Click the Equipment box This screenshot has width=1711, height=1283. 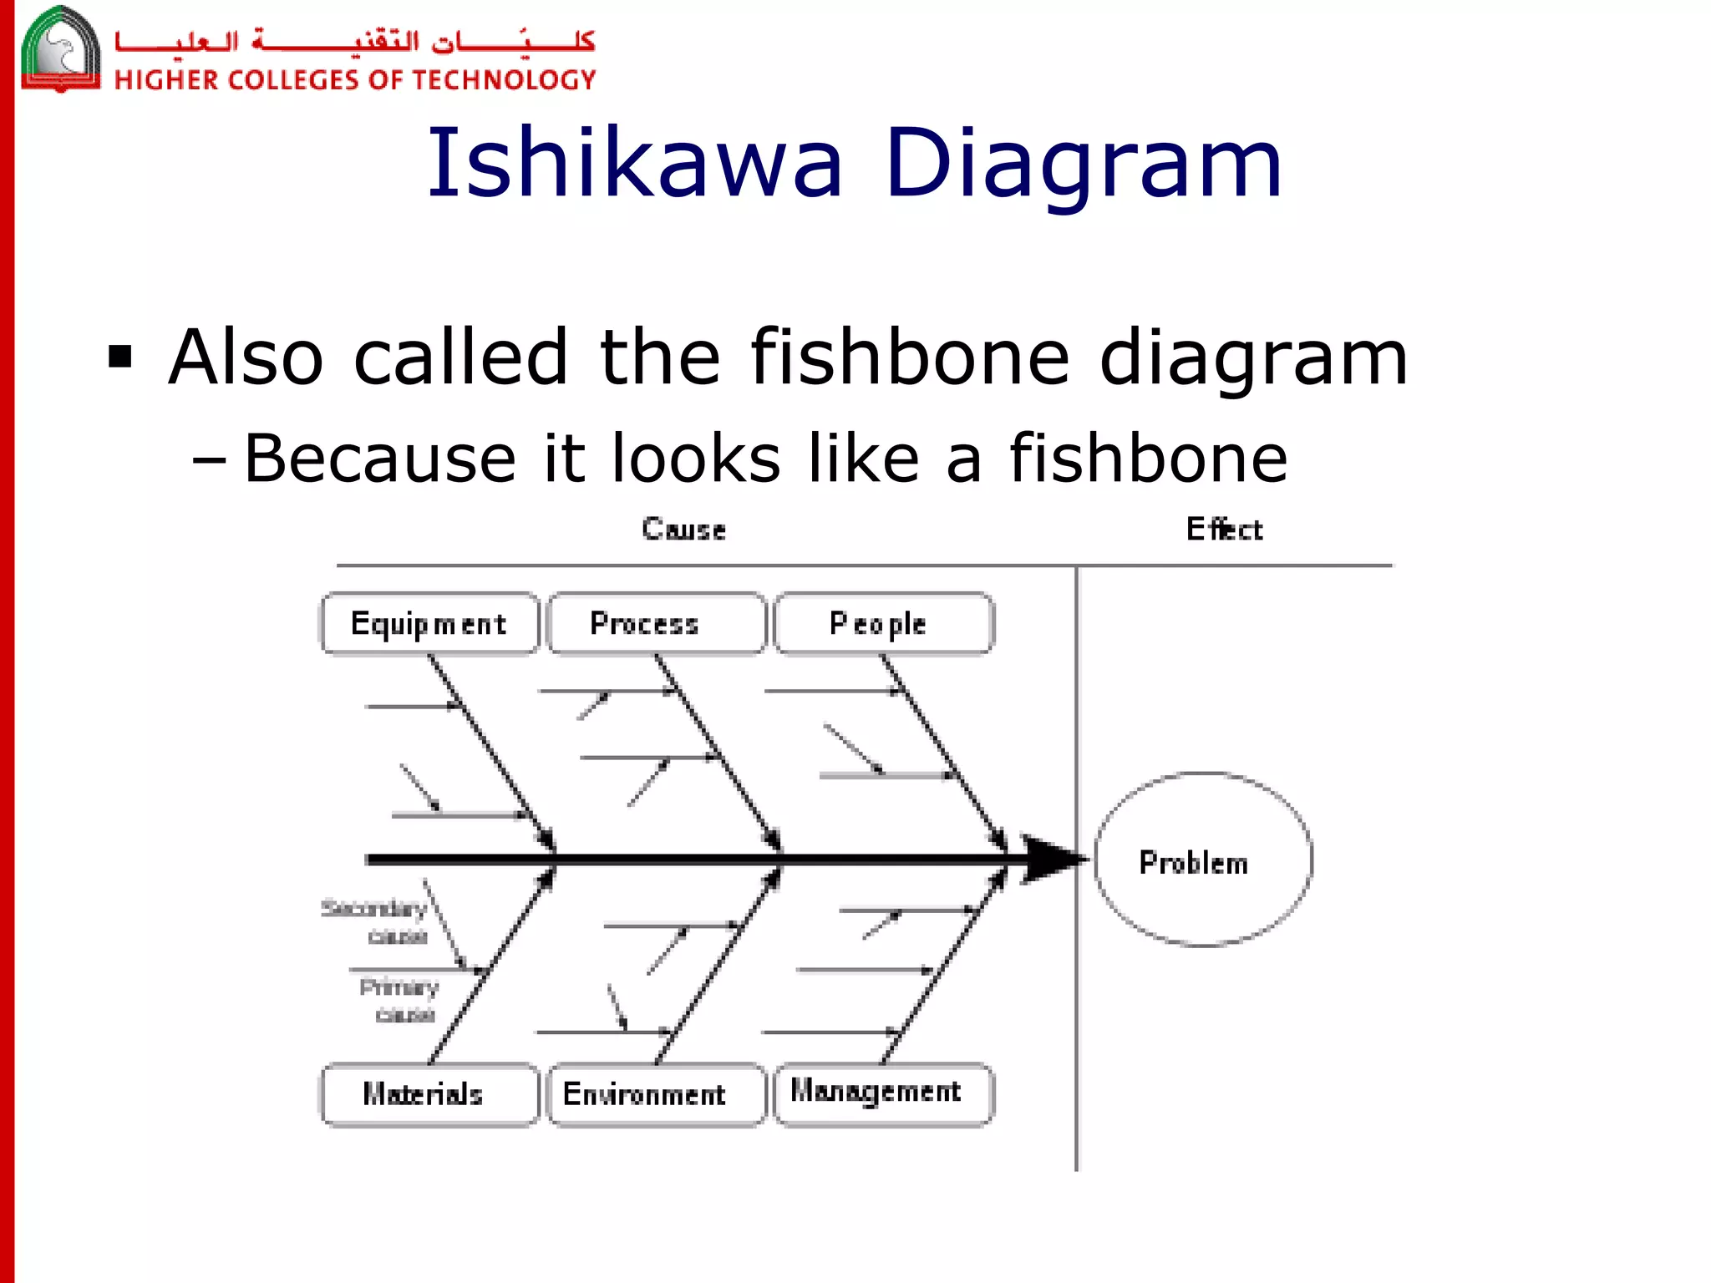429,624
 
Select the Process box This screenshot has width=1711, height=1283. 656,624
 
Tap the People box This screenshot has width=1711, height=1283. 883,624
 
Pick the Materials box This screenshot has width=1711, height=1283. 429,1094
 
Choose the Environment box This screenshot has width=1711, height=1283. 656,1094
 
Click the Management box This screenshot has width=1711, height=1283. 883,1093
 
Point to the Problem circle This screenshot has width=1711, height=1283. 1202,860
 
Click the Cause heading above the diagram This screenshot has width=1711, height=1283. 683,530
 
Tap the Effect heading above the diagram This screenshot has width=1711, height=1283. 1224,530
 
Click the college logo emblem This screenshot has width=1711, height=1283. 60,48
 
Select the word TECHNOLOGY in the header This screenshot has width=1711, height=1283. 504,80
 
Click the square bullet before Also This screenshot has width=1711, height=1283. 120,357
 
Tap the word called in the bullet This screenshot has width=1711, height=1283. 461,357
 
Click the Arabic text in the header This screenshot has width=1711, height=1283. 355,40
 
